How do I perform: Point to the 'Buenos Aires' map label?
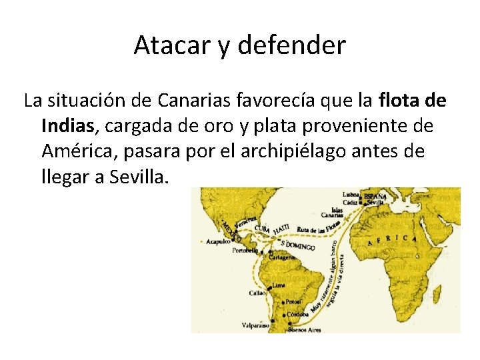(305, 329)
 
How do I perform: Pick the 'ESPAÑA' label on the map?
(375, 196)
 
